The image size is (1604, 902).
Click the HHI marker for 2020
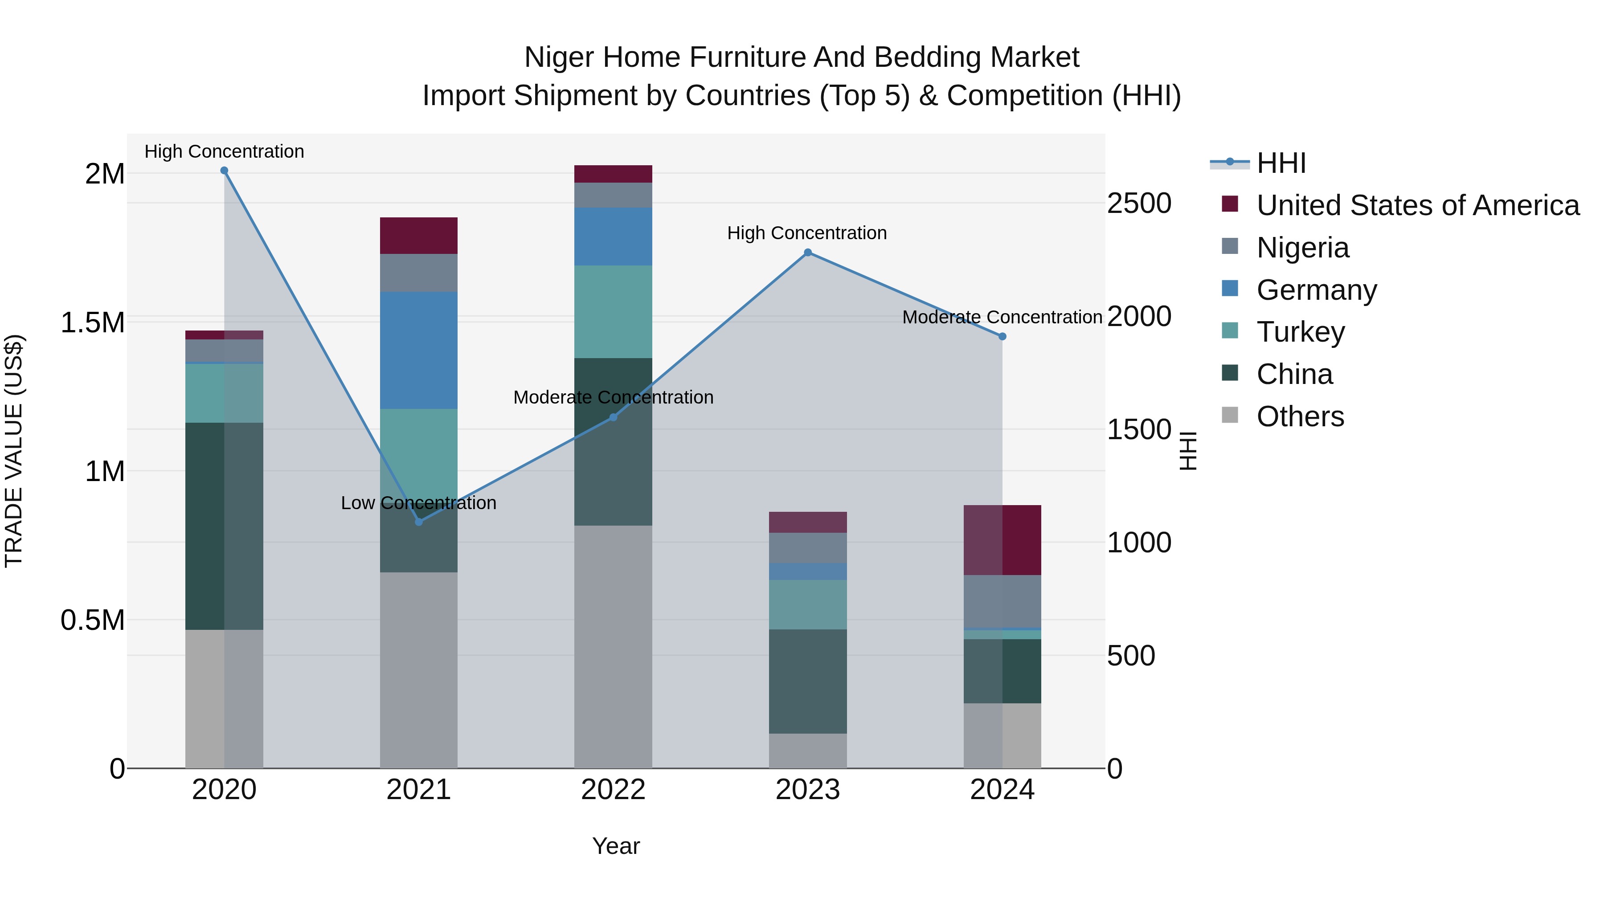[224, 171]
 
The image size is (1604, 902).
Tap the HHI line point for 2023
[808, 253]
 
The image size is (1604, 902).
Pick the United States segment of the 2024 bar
[1002, 540]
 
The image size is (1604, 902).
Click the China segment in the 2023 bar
[808, 681]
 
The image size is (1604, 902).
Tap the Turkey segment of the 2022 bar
[613, 311]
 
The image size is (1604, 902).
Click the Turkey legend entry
[1300, 332]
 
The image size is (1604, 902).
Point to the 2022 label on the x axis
[613, 790]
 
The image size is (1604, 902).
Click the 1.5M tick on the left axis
[93, 322]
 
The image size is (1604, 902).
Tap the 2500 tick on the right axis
[1139, 204]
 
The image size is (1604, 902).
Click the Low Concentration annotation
[418, 503]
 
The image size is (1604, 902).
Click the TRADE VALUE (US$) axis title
[14, 451]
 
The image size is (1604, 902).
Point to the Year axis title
[616, 846]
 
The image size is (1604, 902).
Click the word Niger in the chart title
[559, 57]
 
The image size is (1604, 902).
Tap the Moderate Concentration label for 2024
[1002, 318]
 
